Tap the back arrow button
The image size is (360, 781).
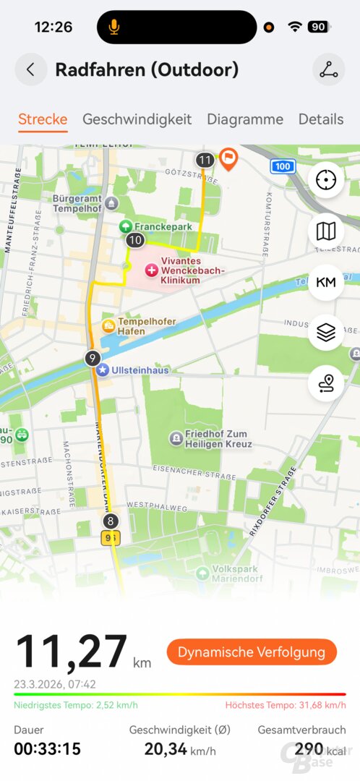click(30, 69)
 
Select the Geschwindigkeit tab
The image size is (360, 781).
click(137, 119)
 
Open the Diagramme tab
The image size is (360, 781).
click(245, 119)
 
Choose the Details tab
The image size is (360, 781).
click(320, 119)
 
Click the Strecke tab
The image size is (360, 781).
click(43, 119)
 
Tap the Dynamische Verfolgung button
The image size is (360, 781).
click(252, 652)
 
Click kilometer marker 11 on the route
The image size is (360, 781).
click(205, 160)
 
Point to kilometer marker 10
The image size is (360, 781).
click(134, 239)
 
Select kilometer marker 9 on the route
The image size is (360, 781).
click(92, 357)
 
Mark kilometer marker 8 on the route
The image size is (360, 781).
click(110, 521)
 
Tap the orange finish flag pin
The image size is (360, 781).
click(228, 158)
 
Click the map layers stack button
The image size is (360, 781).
click(326, 332)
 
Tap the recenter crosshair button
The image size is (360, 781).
click(326, 180)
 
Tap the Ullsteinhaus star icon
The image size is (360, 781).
click(103, 370)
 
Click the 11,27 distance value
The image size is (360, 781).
click(72, 651)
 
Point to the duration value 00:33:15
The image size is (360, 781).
click(47, 748)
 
